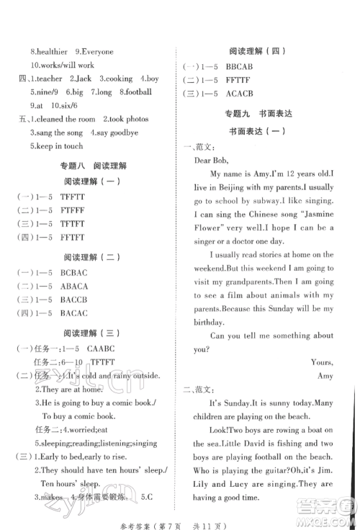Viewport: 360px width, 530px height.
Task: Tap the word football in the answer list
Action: click(x=139, y=92)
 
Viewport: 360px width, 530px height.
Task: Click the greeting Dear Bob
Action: click(x=214, y=161)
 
